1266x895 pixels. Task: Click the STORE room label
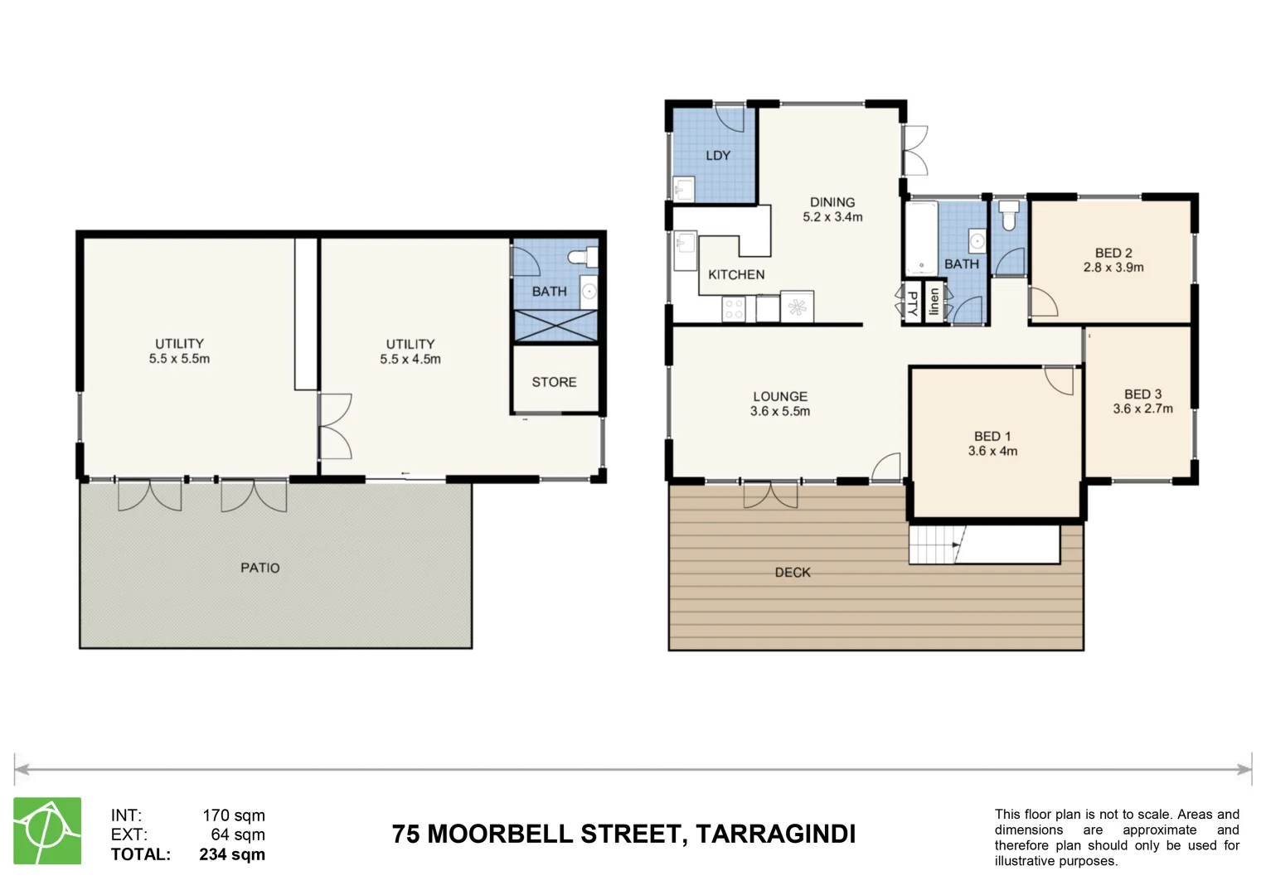click(x=554, y=382)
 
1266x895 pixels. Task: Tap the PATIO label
click(x=260, y=568)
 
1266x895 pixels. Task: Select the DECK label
click(x=792, y=573)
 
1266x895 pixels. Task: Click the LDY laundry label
click(x=718, y=156)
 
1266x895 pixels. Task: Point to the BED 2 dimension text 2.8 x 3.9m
click(x=1113, y=268)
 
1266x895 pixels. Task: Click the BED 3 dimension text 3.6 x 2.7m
click(x=1142, y=409)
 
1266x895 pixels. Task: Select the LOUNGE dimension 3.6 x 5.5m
click(x=779, y=411)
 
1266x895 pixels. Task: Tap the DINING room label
click(x=832, y=202)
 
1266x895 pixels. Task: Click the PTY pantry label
click(x=913, y=303)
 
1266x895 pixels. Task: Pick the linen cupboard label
click(x=934, y=302)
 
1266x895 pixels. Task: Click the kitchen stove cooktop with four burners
click(x=734, y=309)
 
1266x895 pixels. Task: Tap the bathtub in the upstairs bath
click(x=920, y=238)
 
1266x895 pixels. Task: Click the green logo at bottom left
click(x=47, y=830)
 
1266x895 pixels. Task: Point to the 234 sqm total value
click(x=232, y=854)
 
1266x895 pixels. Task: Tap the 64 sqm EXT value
click(x=238, y=835)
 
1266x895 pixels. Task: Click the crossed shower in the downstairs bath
click(x=555, y=326)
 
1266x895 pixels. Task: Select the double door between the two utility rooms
click(x=335, y=426)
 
